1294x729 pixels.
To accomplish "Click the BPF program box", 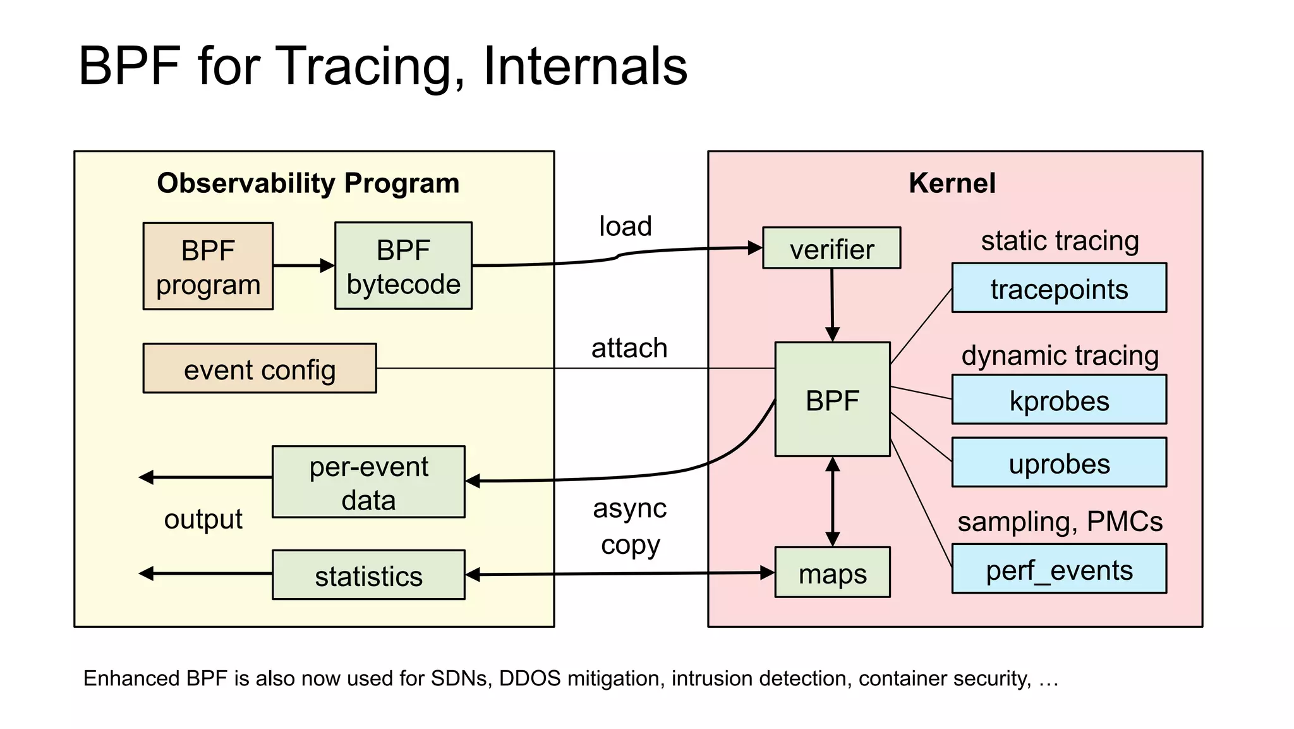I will [x=208, y=266].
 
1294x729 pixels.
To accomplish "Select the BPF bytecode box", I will [x=403, y=266].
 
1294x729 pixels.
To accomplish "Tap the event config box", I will [x=260, y=369].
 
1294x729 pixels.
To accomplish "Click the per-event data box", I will [x=368, y=482].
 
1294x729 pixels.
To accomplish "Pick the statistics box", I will [x=368, y=575].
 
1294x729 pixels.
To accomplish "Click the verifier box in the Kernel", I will [x=831, y=248].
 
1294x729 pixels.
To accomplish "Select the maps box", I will [x=832, y=573].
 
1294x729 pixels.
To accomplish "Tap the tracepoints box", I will [x=1059, y=288].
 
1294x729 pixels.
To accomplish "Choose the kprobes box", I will [x=1059, y=400].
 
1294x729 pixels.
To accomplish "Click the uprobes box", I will [x=1059, y=463].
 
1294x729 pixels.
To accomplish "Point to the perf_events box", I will [x=1059, y=569].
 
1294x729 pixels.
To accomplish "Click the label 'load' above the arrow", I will [x=625, y=226].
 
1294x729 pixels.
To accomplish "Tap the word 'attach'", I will [x=629, y=348].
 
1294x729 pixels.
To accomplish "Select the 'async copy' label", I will [x=630, y=526].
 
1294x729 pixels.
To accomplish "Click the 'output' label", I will [x=203, y=520].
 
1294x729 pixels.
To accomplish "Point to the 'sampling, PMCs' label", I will [x=1060, y=522].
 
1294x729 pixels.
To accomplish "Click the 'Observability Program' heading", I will [x=308, y=183].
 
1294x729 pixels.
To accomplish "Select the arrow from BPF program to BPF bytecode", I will [x=303, y=266].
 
